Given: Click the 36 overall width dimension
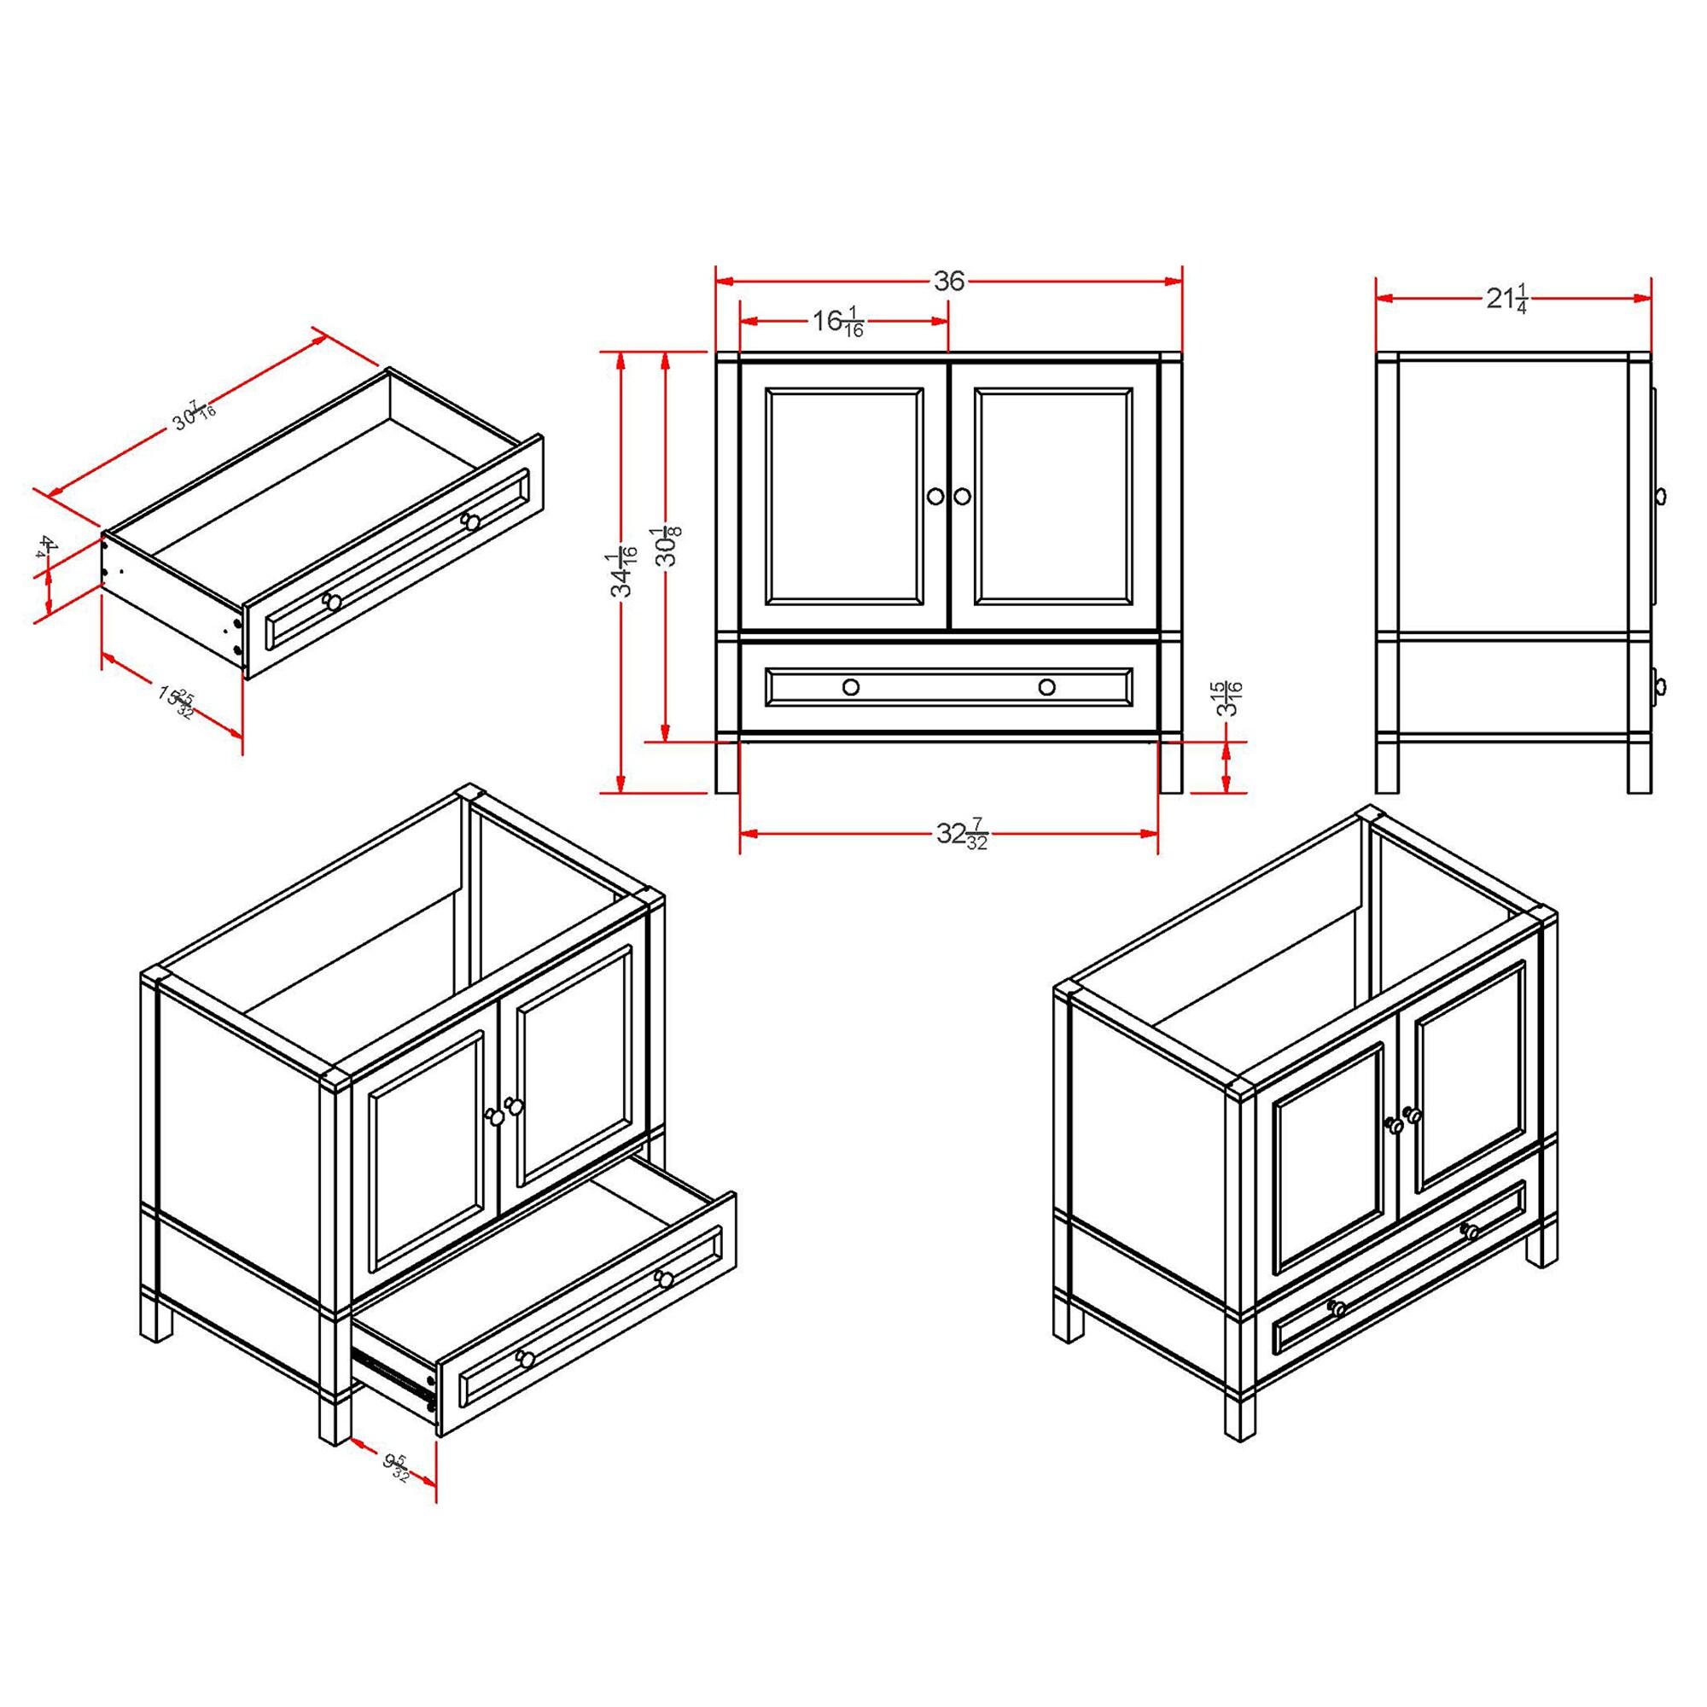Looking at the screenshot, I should [x=948, y=281].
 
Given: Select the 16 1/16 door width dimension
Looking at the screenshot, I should [x=837, y=323].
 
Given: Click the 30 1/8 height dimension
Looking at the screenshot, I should [x=668, y=546].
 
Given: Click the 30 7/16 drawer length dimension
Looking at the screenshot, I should [x=195, y=412].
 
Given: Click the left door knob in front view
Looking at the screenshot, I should [x=935, y=496].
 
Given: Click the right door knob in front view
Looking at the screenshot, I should [x=962, y=496].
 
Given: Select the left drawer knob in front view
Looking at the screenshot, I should [x=851, y=686].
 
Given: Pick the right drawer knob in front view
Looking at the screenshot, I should [x=1047, y=686].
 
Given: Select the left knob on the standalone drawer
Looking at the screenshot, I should [x=332, y=602].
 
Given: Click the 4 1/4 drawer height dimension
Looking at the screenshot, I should [x=46, y=546].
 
